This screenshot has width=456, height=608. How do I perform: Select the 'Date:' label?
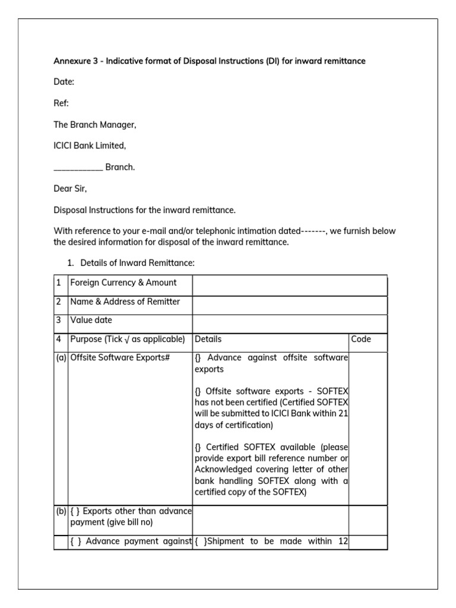pyautogui.click(x=64, y=82)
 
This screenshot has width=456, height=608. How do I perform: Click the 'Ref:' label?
pyautogui.click(x=62, y=103)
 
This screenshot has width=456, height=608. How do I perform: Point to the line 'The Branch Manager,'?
pyautogui.click(x=95, y=125)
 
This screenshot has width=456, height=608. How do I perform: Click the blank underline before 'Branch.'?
pyautogui.click(x=78, y=168)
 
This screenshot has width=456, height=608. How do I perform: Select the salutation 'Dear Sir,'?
pyautogui.click(x=71, y=189)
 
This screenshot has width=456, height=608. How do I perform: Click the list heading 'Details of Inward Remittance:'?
pyautogui.click(x=137, y=262)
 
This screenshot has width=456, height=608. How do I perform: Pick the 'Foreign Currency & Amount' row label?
pyautogui.click(x=123, y=283)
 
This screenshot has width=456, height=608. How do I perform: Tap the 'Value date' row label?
pyautogui.click(x=91, y=320)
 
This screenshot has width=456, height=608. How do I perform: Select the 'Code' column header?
pyautogui.click(x=361, y=339)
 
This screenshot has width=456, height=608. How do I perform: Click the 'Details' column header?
pyautogui.click(x=208, y=339)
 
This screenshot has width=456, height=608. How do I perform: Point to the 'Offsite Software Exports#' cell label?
pyautogui.click(x=116, y=358)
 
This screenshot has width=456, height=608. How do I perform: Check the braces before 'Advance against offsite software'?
pyautogui.click(x=198, y=358)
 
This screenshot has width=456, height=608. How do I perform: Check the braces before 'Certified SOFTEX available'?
pyautogui.click(x=198, y=447)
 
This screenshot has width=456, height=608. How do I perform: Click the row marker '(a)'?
pyautogui.click(x=61, y=358)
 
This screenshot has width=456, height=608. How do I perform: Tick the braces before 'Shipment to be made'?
pyautogui.click(x=201, y=541)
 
